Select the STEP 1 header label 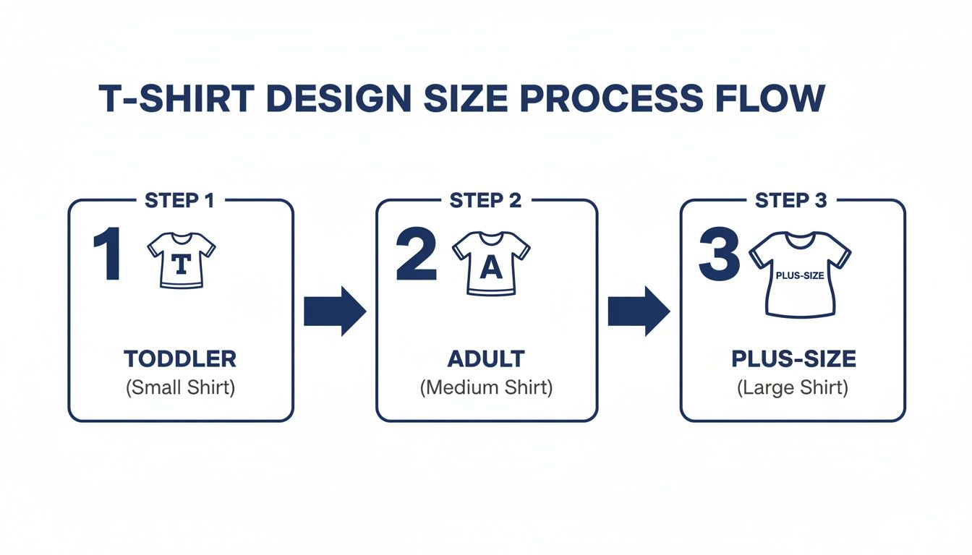[x=179, y=201]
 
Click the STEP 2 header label [x=485, y=201]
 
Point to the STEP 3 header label [x=790, y=201]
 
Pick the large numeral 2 [x=417, y=257]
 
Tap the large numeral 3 [x=719, y=257]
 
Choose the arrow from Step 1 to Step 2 [x=334, y=311]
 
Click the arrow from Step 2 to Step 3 [x=638, y=311]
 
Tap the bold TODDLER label [x=180, y=359]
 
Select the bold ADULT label [x=486, y=359]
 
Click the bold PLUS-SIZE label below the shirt [x=793, y=359]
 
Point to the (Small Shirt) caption [x=180, y=387]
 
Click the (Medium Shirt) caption [x=486, y=387]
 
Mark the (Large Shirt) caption [x=793, y=387]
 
